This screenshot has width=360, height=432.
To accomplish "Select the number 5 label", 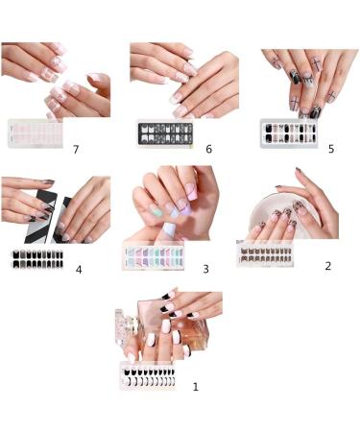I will tap(331, 150).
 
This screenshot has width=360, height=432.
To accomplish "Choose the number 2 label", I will tap(327, 265).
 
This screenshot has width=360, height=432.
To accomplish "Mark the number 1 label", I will tap(195, 387).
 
